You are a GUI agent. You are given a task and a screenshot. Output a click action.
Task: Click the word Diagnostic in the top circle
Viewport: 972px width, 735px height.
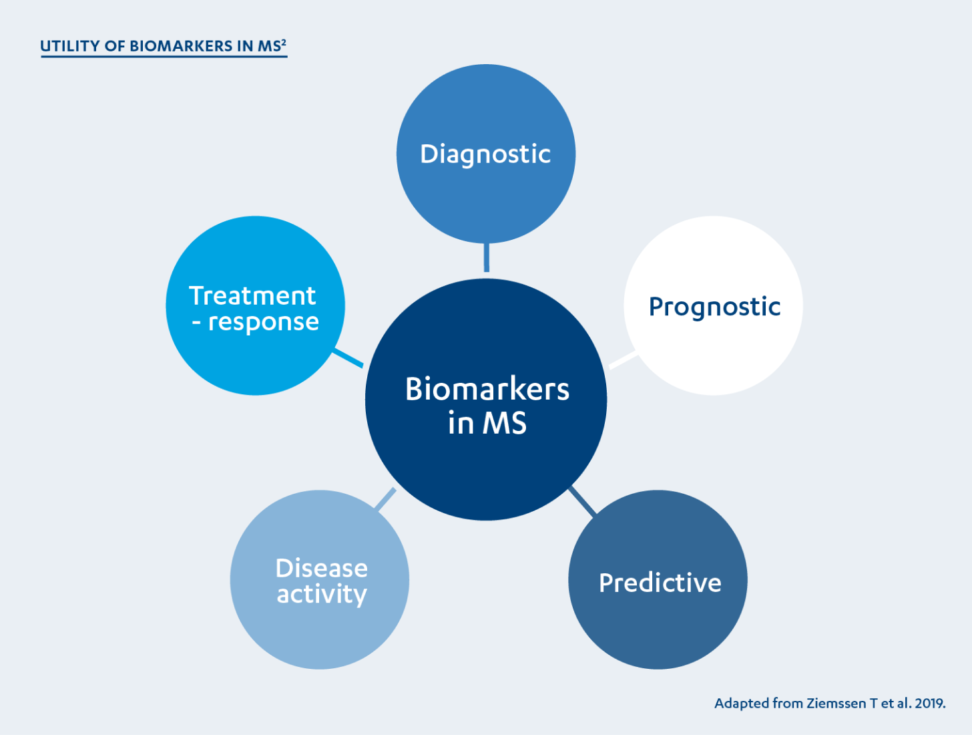[485, 154]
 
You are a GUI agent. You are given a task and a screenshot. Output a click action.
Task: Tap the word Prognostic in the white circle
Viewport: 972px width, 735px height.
[714, 307]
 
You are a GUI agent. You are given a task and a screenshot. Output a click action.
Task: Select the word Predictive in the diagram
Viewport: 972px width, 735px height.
[660, 583]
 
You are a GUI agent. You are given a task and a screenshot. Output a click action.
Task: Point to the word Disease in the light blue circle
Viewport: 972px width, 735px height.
[321, 568]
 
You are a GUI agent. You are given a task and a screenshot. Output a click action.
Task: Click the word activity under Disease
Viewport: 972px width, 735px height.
[322, 594]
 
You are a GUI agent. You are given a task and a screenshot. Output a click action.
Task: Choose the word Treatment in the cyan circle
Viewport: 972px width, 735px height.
[252, 295]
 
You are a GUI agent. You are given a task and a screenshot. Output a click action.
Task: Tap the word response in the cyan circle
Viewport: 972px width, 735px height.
[264, 322]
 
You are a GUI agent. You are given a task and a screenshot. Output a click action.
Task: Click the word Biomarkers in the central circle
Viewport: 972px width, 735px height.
[487, 389]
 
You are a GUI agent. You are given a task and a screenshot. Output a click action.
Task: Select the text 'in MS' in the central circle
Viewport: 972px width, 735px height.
[487, 423]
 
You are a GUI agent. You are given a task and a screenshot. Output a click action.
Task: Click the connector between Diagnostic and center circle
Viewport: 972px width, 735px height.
[486, 257]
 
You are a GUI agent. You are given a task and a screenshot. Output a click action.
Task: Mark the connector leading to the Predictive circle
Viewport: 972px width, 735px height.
[581, 502]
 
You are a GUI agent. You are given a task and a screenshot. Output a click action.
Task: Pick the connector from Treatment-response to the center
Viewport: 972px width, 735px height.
[348, 357]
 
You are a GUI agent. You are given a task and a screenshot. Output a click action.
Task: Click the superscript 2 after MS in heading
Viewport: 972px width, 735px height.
[284, 42]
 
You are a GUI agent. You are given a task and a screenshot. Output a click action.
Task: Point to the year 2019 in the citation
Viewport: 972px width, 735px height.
[929, 704]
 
